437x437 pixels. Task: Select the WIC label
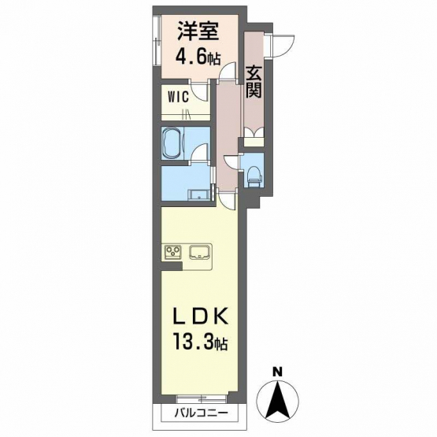[x=179, y=97]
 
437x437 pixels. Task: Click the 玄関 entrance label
[x=254, y=83]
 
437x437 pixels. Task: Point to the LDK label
[x=200, y=317]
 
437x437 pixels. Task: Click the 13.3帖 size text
[x=201, y=342]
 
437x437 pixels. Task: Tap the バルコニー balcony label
[x=202, y=412]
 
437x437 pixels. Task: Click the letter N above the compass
[x=277, y=372]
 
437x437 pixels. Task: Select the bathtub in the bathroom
[x=172, y=143]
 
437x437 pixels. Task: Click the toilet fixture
[x=254, y=176]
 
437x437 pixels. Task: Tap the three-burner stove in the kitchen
[x=173, y=252]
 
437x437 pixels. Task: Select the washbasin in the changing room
[x=199, y=194]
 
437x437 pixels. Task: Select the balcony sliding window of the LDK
[x=202, y=399]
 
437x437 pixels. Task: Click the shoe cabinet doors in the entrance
[x=254, y=132]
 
